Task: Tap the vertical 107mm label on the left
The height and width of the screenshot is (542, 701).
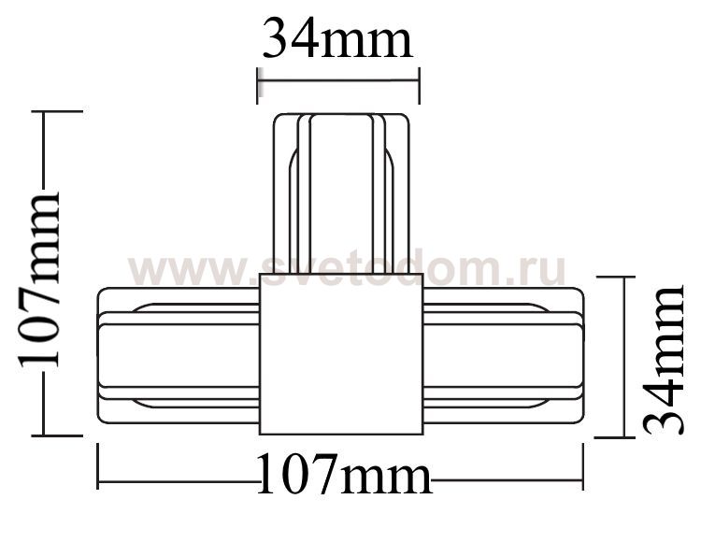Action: pos(39,279)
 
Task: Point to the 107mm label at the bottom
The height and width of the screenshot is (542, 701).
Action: pos(344,477)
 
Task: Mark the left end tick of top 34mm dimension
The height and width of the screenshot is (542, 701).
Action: pos(257,84)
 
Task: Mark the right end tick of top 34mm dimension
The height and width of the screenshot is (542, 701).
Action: pos(419,84)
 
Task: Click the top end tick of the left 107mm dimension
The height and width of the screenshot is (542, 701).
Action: pos(58,111)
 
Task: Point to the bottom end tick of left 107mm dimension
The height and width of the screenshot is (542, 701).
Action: pos(58,435)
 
